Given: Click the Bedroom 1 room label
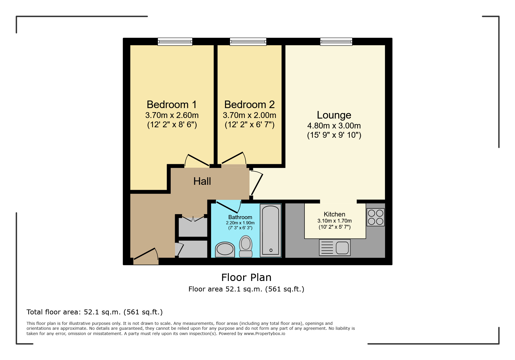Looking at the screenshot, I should pyautogui.click(x=172, y=105).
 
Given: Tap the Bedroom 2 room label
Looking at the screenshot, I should pyautogui.click(x=249, y=105).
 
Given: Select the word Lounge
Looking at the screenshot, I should pyautogui.click(x=334, y=115).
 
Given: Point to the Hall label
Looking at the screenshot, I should pyautogui.click(x=202, y=181).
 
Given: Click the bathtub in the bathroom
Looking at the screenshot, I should pyautogui.click(x=270, y=230).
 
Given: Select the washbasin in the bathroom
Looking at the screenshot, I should pyautogui.click(x=225, y=250).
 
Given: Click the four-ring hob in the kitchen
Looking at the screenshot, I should pyautogui.click(x=375, y=217).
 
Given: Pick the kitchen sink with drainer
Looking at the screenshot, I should pyautogui.click(x=335, y=248).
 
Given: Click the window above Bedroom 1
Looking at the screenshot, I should pyautogui.click(x=175, y=42).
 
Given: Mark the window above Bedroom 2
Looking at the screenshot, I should pyautogui.click(x=248, y=42).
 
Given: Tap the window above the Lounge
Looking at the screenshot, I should pyautogui.click(x=336, y=42).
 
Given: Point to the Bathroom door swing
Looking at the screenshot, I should pyautogui.click(x=229, y=206).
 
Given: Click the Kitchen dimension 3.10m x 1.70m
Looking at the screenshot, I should pyautogui.click(x=334, y=221).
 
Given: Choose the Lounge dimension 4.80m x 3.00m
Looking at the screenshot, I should pyautogui.click(x=334, y=126).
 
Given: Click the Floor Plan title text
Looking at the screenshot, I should pyautogui.click(x=246, y=277).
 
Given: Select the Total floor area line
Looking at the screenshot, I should pyautogui.click(x=95, y=312).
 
